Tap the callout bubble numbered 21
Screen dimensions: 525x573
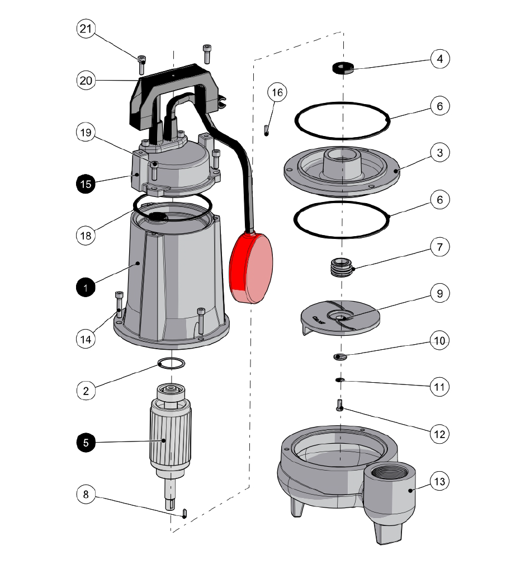(x=86, y=29)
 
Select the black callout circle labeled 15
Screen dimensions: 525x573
(x=86, y=184)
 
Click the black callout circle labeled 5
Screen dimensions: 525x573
(x=86, y=443)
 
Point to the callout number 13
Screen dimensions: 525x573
(x=439, y=481)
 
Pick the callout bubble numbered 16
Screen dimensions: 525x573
(x=277, y=92)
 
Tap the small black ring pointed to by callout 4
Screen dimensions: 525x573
(x=343, y=68)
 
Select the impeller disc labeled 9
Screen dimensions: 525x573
(x=340, y=317)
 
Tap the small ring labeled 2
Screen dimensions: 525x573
(x=171, y=363)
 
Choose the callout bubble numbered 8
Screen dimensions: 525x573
(x=86, y=494)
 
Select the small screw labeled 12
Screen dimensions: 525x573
(x=339, y=405)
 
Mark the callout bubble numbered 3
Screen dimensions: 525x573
(x=439, y=152)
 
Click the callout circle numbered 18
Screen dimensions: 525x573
(x=86, y=236)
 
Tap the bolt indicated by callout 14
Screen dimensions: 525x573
(x=119, y=304)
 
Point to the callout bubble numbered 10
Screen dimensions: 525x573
(x=439, y=341)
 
